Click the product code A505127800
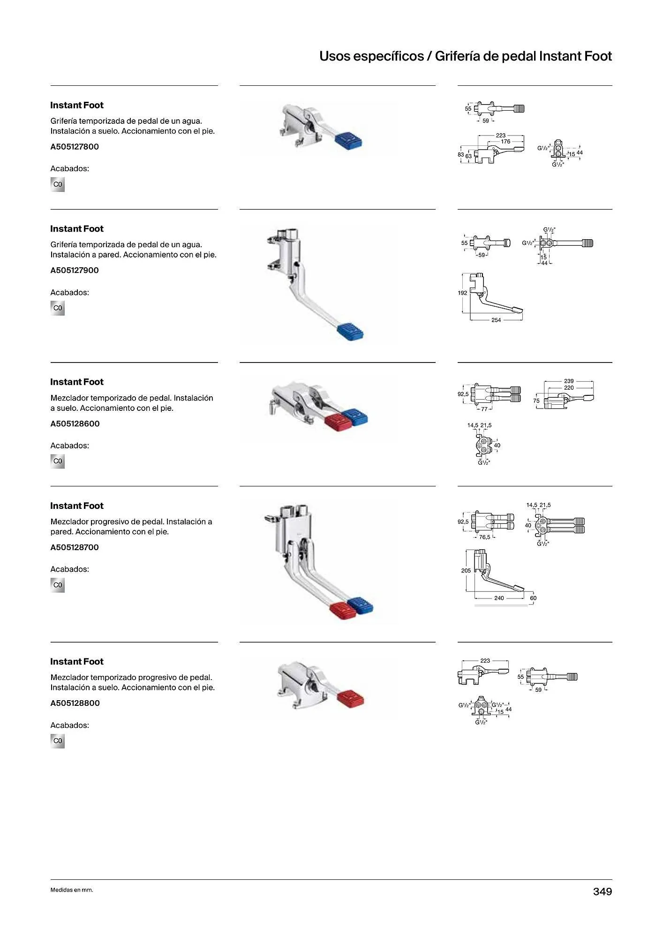[75, 147]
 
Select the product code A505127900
[75, 271]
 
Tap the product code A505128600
[75, 424]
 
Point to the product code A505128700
[75, 548]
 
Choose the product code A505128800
[75, 703]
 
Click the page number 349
[603, 892]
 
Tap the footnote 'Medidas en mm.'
[72, 890]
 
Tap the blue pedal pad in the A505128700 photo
[360, 606]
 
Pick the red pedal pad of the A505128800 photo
[350, 698]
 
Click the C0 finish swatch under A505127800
[58, 185]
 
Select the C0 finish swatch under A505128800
[58, 741]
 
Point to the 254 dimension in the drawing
[496, 320]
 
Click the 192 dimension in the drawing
[462, 293]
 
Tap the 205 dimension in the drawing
[466, 571]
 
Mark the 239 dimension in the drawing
[569, 381]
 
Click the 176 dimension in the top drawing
[505, 142]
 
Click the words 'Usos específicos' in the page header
[371, 56]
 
